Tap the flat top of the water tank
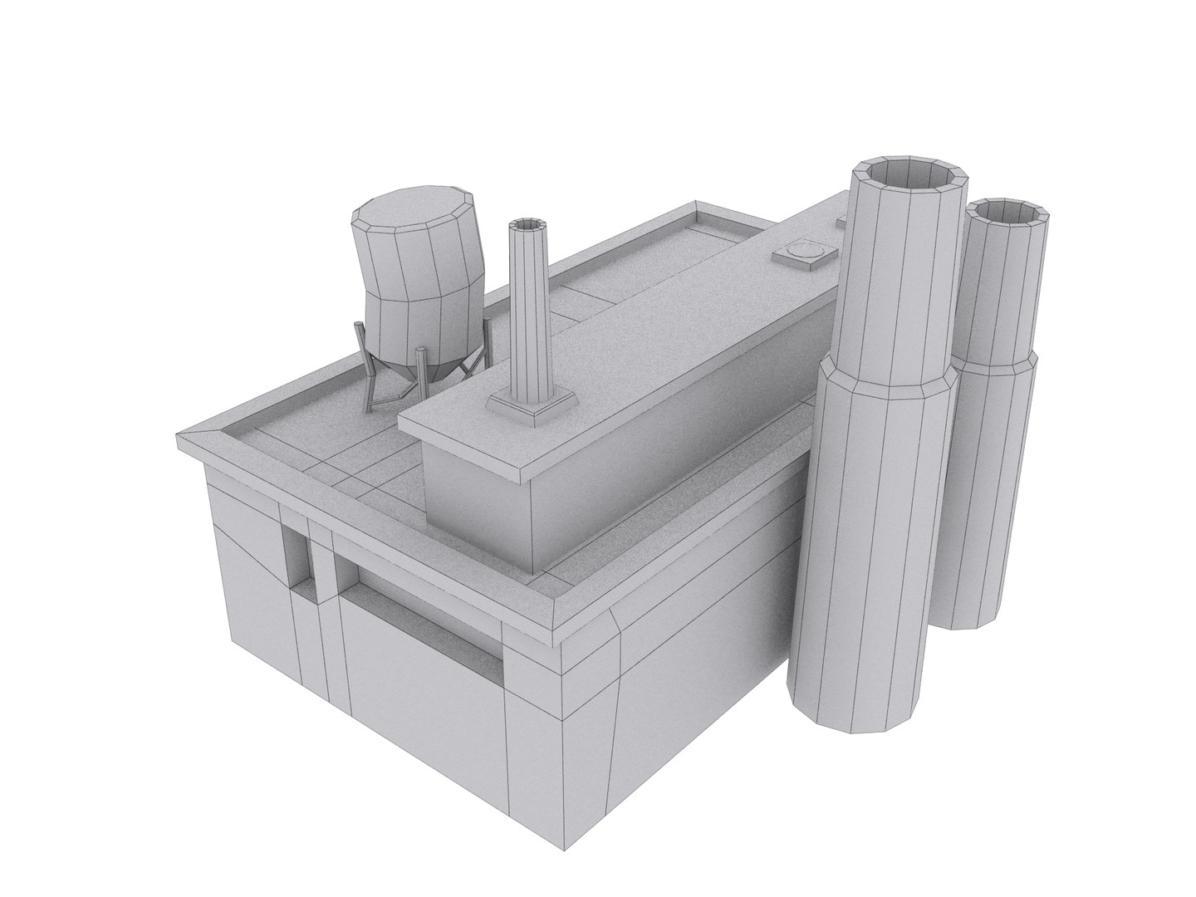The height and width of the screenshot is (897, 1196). pos(414,206)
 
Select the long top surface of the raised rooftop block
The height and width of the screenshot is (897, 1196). pos(648,332)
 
